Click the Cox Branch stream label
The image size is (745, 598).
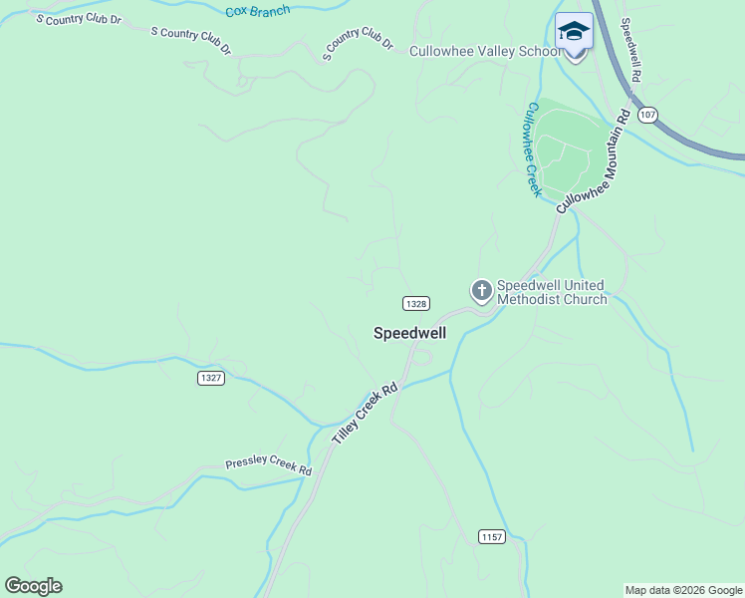tap(257, 11)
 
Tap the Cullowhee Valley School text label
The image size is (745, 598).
tap(486, 51)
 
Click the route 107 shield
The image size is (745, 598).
tap(648, 115)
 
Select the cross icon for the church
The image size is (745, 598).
tap(481, 291)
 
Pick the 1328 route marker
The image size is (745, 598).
tap(416, 303)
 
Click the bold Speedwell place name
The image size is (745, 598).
tap(409, 333)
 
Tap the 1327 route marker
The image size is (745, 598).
tap(210, 378)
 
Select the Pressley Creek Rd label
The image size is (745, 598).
tap(268, 464)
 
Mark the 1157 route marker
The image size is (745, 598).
tap(491, 537)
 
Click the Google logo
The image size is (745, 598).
tap(33, 586)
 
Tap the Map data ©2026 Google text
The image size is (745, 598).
tap(683, 591)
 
